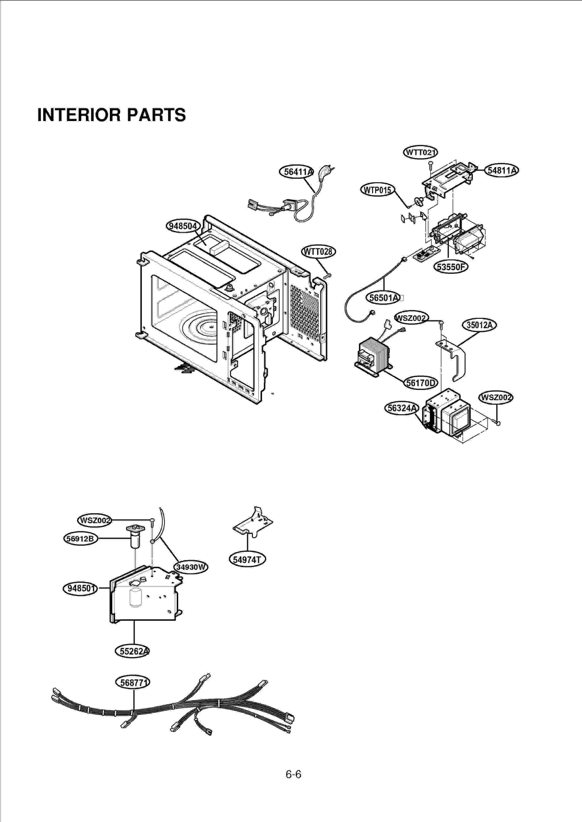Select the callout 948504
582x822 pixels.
pyautogui.click(x=183, y=226)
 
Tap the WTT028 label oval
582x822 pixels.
pyautogui.click(x=319, y=252)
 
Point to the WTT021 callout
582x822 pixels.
pyautogui.click(x=420, y=152)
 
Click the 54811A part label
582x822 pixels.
pyautogui.click(x=502, y=170)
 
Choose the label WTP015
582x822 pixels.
pyautogui.click(x=378, y=190)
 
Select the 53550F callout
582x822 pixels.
pyautogui.click(x=451, y=267)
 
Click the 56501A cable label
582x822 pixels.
pyautogui.click(x=384, y=298)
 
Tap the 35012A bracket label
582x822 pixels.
pyautogui.click(x=479, y=325)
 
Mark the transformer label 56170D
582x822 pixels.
pyautogui.click(x=420, y=383)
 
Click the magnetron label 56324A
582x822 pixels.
pyautogui.click(x=402, y=408)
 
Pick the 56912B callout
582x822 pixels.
pyautogui.click(x=81, y=538)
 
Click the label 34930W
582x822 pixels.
pyautogui.click(x=191, y=567)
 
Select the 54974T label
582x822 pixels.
pyautogui.click(x=247, y=560)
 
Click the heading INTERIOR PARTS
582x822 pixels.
pyautogui.click(x=111, y=115)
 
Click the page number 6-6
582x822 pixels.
pyautogui.click(x=293, y=774)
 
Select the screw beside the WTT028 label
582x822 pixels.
pyautogui.click(x=327, y=276)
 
